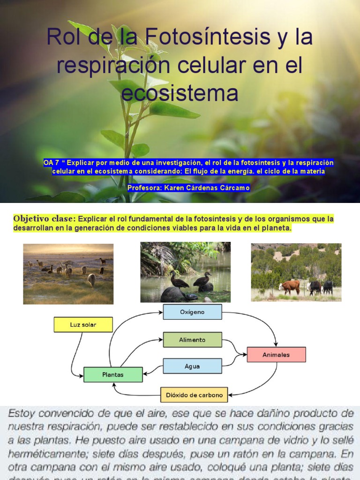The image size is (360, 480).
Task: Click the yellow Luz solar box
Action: tap(83, 324)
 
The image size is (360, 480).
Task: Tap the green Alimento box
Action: tap(192, 340)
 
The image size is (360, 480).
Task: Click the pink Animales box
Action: tap(276, 354)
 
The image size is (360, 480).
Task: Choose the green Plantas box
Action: tap(112, 375)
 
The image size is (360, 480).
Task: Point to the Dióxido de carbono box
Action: tap(194, 395)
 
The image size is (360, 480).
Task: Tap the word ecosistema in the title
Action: tap(180, 92)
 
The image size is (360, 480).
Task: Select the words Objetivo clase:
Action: tap(44, 219)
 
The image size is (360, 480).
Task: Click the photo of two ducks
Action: tap(185, 272)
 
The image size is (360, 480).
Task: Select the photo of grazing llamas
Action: tap(68, 274)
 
